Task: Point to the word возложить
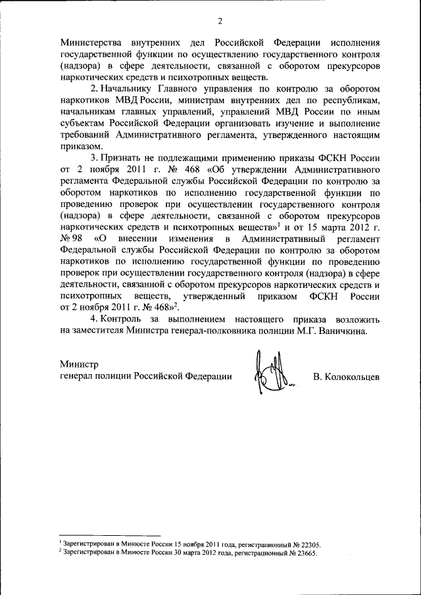356,319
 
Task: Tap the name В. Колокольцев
347,377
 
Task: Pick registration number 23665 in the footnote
303,554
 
